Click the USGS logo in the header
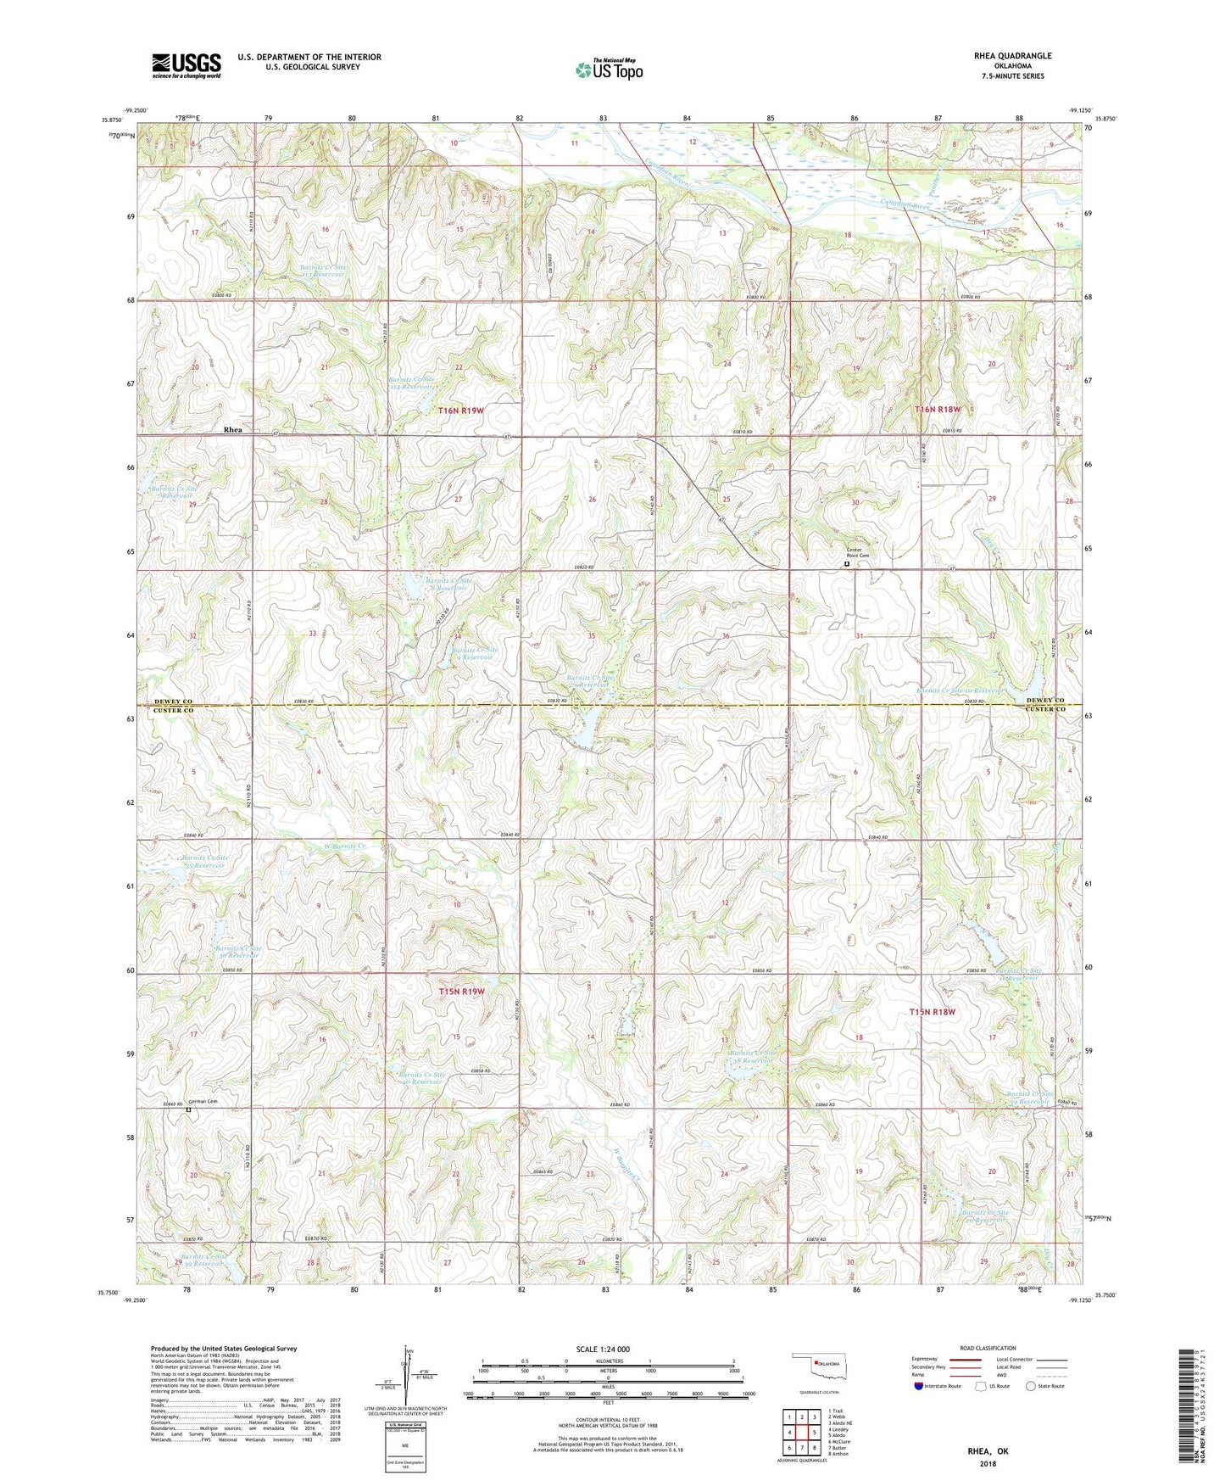coord(187,65)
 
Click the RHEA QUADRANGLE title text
coord(1013,56)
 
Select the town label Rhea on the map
coord(232,430)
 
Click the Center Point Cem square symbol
coord(847,563)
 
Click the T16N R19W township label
coord(461,411)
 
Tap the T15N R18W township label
coord(933,1012)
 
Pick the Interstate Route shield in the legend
coord(919,1386)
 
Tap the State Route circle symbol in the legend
coord(1031,1386)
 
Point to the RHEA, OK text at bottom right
coord(988,1451)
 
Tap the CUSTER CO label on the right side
coord(1044,709)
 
